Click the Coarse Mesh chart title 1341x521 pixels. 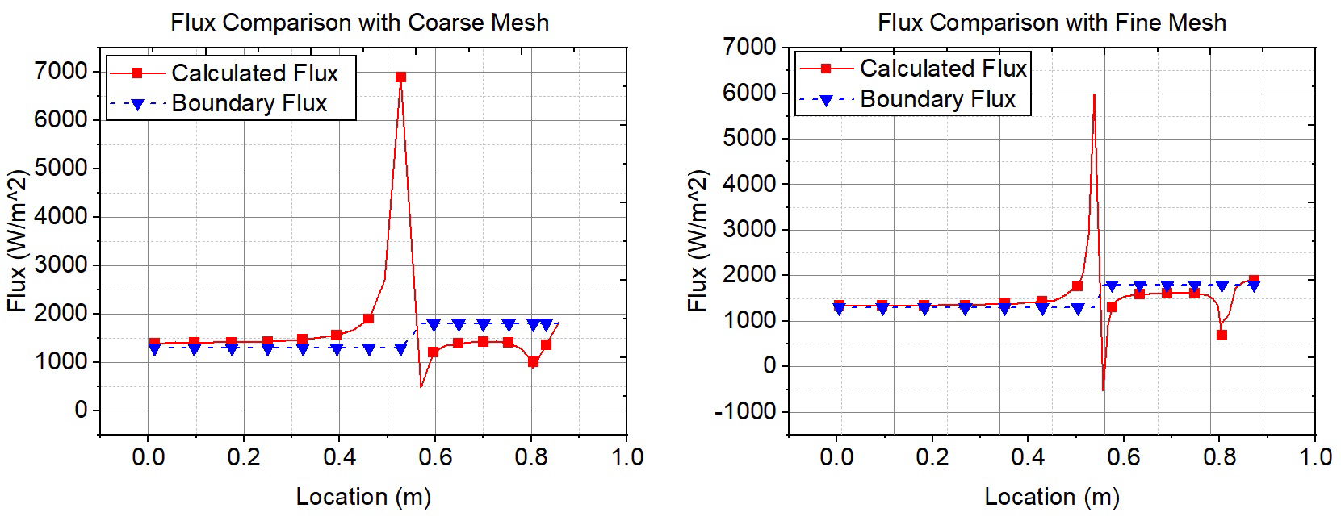(359, 22)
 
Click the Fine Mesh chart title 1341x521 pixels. (1051, 22)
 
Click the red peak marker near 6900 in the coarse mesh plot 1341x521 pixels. (400, 77)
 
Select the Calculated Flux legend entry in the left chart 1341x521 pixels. (254, 73)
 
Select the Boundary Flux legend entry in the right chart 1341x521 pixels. (937, 99)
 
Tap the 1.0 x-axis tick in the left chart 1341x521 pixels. (627, 456)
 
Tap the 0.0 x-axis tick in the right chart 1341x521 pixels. (836, 456)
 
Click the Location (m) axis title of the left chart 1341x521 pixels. (363, 496)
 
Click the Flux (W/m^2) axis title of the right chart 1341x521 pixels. (698, 240)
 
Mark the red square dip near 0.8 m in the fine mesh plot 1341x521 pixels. (1222, 335)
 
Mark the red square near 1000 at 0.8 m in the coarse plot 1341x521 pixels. (533, 362)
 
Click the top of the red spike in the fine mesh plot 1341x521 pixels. (1094, 95)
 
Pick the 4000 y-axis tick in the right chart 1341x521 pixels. (750, 184)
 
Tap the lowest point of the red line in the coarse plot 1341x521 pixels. (421, 387)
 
